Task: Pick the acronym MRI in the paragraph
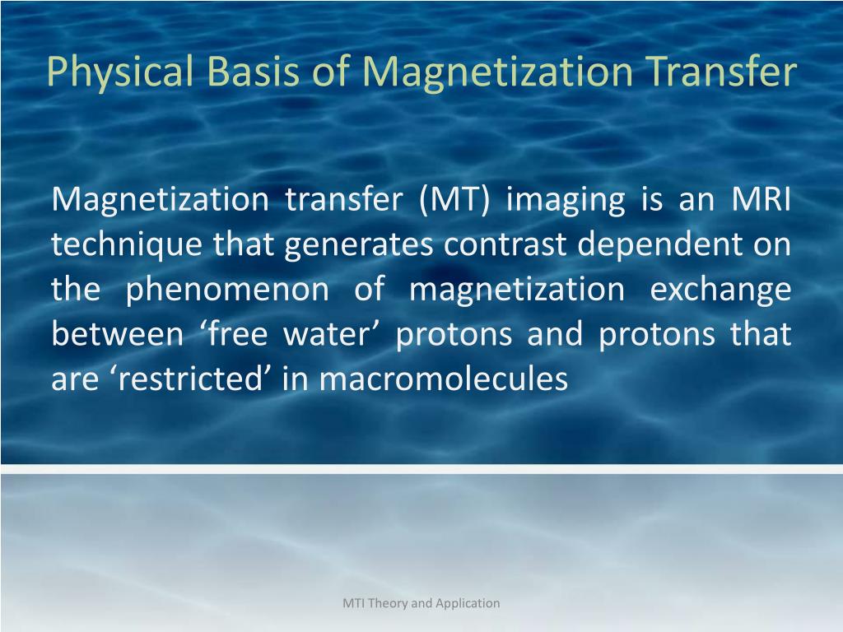(x=761, y=199)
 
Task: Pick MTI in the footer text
(x=353, y=603)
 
